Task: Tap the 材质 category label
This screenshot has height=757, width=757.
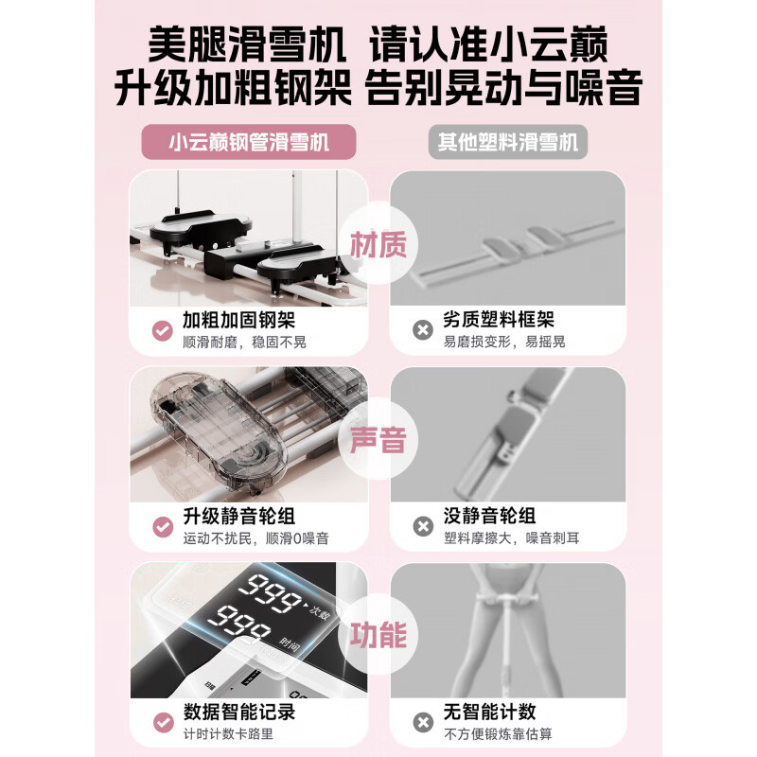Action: coord(378,246)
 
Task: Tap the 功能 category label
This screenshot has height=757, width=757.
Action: coord(378,633)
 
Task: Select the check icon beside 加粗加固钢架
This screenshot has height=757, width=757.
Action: coord(161,330)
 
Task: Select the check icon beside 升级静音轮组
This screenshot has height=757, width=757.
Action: coord(161,526)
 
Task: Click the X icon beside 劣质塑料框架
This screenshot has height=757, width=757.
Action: coord(422,330)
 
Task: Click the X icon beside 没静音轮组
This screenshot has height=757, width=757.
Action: coord(422,526)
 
